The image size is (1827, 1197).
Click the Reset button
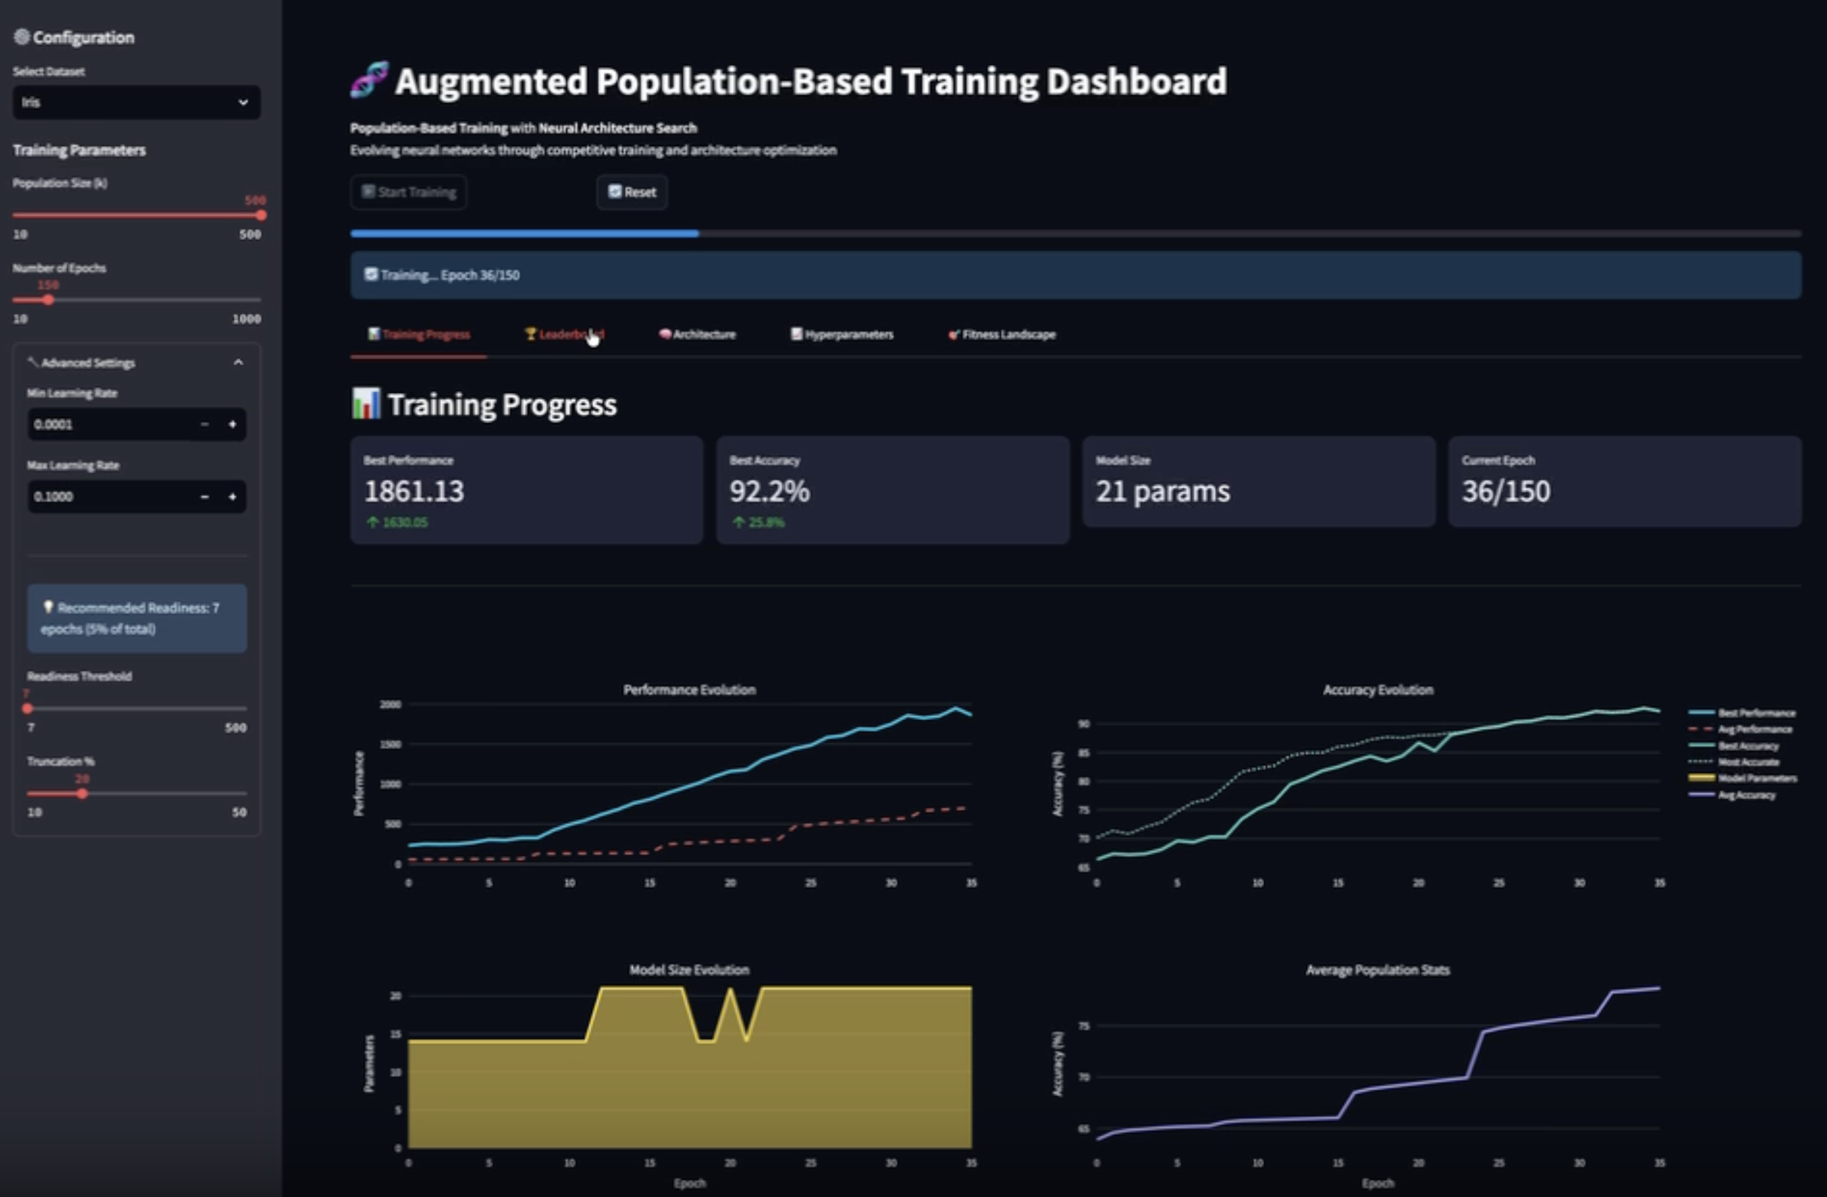click(x=632, y=192)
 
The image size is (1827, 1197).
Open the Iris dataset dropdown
click(x=136, y=102)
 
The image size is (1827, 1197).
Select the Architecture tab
click(x=697, y=334)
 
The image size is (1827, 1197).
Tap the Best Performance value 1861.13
click(x=414, y=491)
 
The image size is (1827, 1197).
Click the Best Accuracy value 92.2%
click(x=769, y=491)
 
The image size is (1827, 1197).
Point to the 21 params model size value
click(x=1162, y=491)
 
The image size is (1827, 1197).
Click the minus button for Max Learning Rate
click(x=204, y=497)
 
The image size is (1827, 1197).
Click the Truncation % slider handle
click(x=82, y=794)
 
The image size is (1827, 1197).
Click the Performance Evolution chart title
click(x=689, y=689)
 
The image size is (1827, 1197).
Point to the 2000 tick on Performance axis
click(x=390, y=704)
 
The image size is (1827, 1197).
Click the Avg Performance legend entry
click(x=1754, y=729)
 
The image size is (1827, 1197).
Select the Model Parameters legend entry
click(x=1757, y=778)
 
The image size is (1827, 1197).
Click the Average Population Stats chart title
click(x=1377, y=970)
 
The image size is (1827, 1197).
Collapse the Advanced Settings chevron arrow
click(x=238, y=362)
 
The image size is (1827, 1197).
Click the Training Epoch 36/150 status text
click(x=450, y=275)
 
